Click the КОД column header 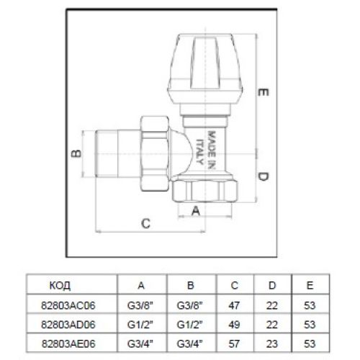point(60,285)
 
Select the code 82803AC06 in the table point(68,305)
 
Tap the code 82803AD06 point(68,325)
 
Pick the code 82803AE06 point(68,343)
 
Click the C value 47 point(234,305)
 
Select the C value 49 point(234,325)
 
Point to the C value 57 point(234,343)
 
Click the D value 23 point(272,343)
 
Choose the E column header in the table point(310,285)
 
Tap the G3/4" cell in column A point(140,343)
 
